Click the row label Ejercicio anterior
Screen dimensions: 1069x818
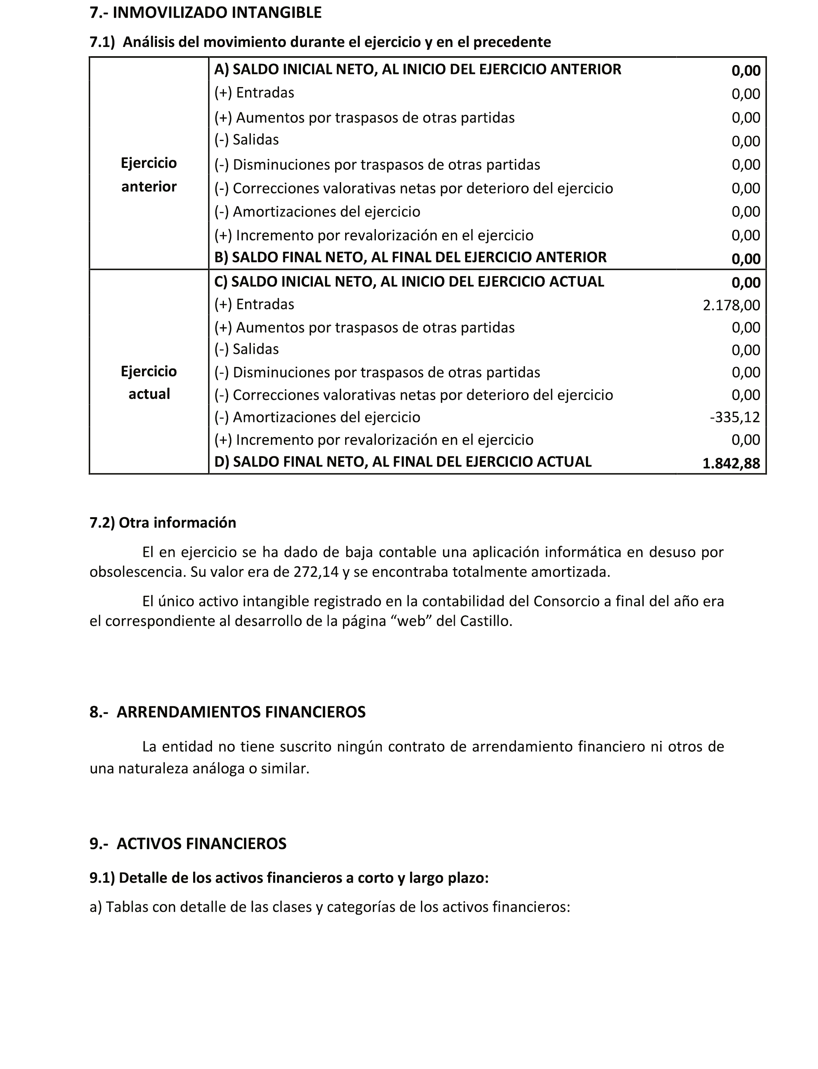click(x=149, y=174)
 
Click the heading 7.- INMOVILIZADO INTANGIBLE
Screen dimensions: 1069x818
click(x=205, y=13)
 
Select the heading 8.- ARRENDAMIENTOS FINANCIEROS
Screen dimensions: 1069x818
click(x=227, y=712)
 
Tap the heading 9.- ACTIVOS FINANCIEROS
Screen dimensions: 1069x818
click(x=188, y=843)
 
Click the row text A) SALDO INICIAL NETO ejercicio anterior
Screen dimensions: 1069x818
click(x=417, y=70)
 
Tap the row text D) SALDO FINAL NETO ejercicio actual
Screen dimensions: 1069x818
click(x=403, y=462)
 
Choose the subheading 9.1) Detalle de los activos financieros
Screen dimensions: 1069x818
click(x=289, y=878)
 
